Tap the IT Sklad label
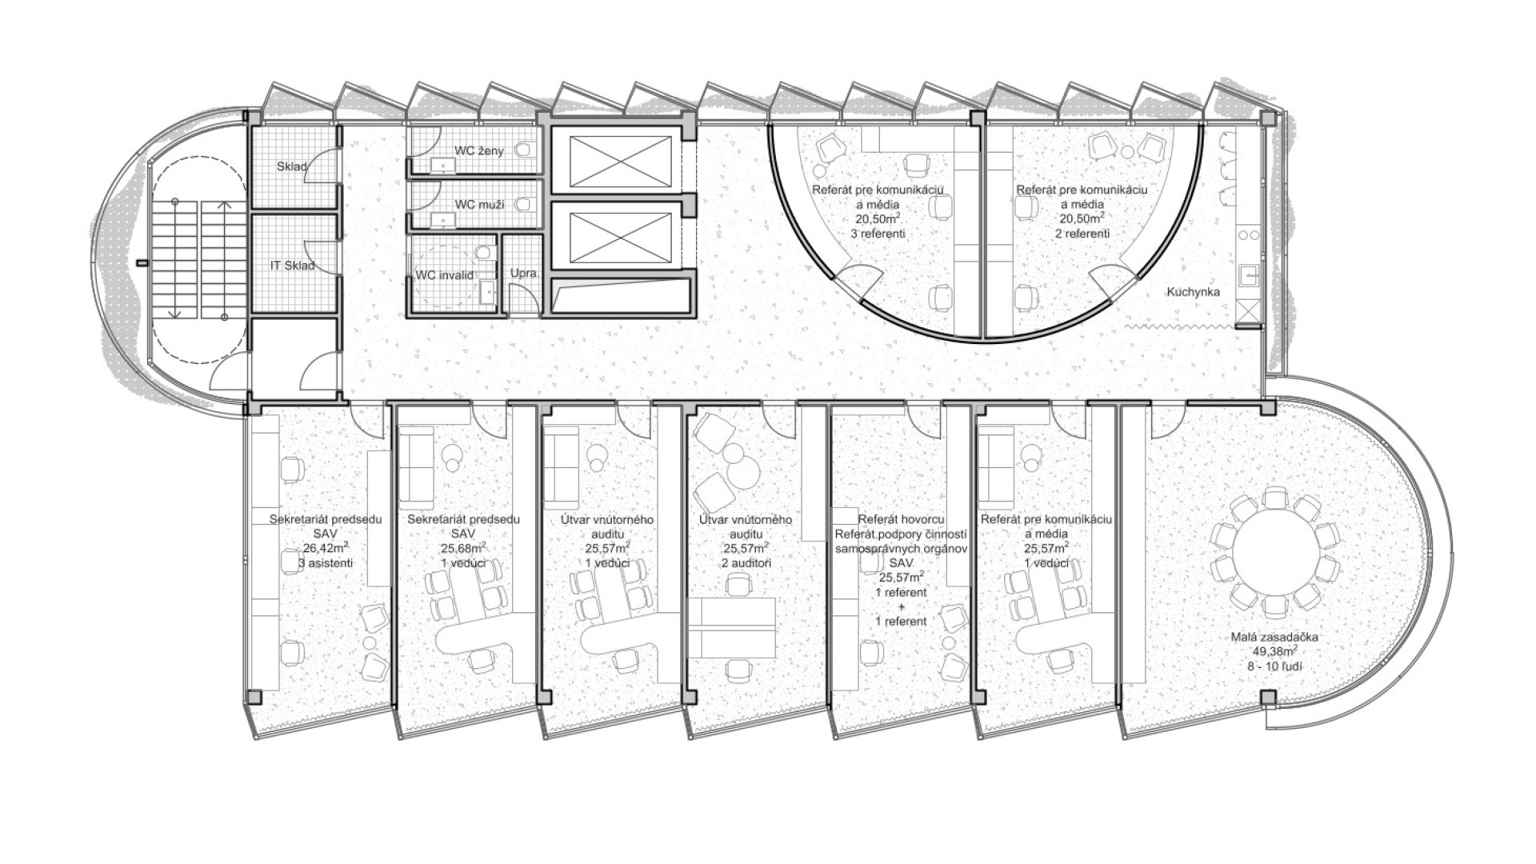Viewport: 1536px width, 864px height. pyautogui.click(x=292, y=266)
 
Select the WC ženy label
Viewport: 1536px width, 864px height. pyautogui.click(x=479, y=150)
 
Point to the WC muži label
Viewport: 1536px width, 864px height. pyautogui.click(x=479, y=205)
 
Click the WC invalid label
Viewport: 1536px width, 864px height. pyautogui.click(x=445, y=275)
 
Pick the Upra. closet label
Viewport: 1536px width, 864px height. pyautogui.click(x=526, y=273)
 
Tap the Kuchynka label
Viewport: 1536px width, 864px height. pyautogui.click(x=1193, y=292)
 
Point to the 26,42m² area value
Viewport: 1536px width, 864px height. pyautogui.click(x=326, y=549)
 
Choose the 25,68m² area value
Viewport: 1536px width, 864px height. pyautogui.click(x=463, y=549)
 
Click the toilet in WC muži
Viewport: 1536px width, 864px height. pyautogui.click(x=525, y=205)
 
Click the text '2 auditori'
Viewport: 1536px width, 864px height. pyautogui.click(x=746, y=563)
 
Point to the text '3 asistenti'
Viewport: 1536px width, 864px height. pyautogui.click(x=326, y=563)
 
